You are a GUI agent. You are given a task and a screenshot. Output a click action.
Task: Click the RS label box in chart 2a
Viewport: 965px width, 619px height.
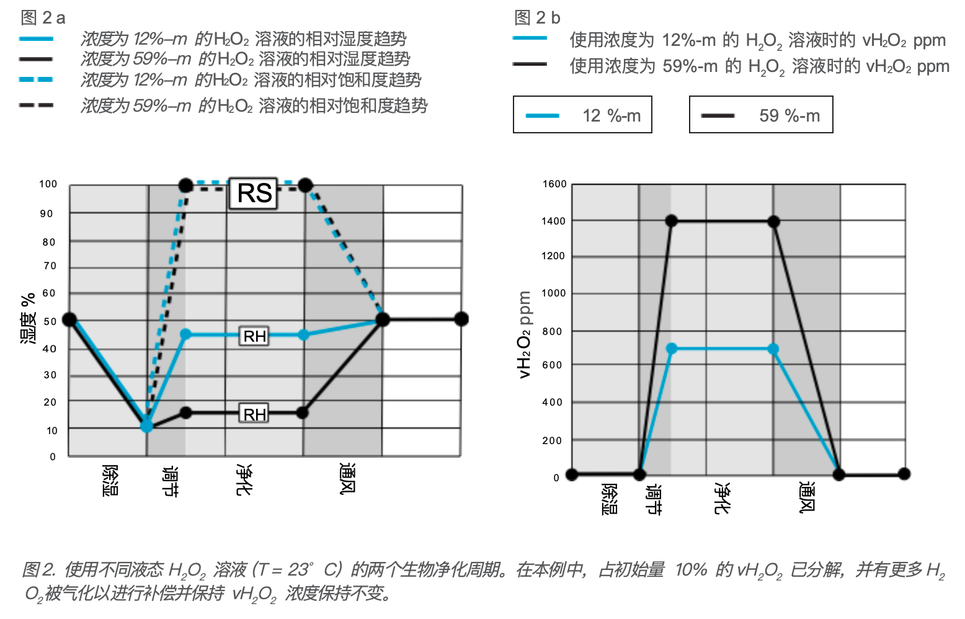click(254, 193)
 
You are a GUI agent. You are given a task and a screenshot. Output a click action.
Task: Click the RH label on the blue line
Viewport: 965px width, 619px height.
click(254, 336)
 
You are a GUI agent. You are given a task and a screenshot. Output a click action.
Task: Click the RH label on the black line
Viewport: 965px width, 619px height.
click(254, 414)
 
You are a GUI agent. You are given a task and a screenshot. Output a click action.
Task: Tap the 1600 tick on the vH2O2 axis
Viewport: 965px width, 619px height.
click(554, 184)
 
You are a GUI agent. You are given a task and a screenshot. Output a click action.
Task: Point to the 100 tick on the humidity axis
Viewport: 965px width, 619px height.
click(48, 184)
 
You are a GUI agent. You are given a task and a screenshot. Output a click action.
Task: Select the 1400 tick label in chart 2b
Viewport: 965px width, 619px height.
click(554, 221)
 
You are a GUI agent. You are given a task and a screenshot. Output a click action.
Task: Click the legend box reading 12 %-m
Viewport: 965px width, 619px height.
click(582, 115)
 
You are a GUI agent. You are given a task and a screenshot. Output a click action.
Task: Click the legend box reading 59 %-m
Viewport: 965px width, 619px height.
click(761, 115)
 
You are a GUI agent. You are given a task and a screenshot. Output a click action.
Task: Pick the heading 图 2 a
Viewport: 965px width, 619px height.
click(43, 17)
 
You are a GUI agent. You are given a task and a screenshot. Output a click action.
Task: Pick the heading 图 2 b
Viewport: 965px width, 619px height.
click(537, 17)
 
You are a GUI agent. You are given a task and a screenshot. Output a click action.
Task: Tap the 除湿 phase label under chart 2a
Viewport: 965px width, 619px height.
click(110, 481)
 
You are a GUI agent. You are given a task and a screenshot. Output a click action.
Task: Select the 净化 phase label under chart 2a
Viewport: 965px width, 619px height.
click(244, 479)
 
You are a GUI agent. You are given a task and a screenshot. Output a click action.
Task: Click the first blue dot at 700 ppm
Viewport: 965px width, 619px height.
click(672, 349)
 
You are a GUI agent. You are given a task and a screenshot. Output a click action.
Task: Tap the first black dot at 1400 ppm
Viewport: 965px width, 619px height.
click(671, 221)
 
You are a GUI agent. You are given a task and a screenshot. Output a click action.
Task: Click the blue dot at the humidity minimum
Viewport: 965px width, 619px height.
click(146, 426)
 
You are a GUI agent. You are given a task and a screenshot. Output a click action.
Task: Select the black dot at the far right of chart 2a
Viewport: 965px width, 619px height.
click(461, 319)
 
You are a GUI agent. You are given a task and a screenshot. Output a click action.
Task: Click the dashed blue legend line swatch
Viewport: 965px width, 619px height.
click(36, 79)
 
